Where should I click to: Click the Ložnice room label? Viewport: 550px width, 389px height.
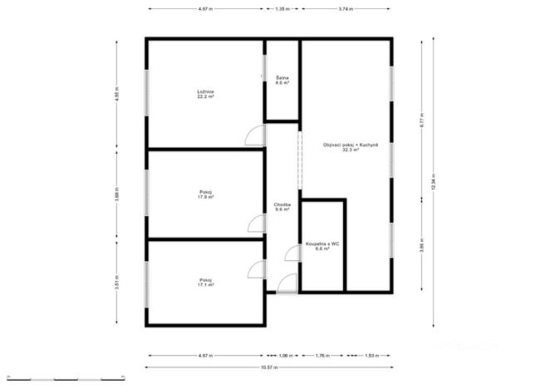pos(205,95)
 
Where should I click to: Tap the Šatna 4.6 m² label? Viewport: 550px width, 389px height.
pos(282,81)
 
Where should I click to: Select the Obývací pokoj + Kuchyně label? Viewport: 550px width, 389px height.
pos(351,148)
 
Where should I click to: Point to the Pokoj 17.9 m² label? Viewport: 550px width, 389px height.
pos(205,195)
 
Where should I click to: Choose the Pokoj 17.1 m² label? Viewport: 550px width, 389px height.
pos(205,282)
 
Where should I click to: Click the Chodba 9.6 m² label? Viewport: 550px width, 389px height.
pos(282,207)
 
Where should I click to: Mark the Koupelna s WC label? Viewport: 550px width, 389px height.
pos(322,246)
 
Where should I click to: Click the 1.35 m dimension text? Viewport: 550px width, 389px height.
pos(282,9)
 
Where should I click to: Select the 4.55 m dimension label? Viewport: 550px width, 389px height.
pos(117,93)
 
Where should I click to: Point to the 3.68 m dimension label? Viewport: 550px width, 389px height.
pos(117,196)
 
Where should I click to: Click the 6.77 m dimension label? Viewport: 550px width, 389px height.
pos(422,119)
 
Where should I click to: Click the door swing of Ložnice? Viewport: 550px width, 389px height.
pos(255,135)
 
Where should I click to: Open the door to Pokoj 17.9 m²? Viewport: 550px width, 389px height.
pos(256,223)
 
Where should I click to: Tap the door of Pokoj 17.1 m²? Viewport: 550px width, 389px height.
pos(256,268)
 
